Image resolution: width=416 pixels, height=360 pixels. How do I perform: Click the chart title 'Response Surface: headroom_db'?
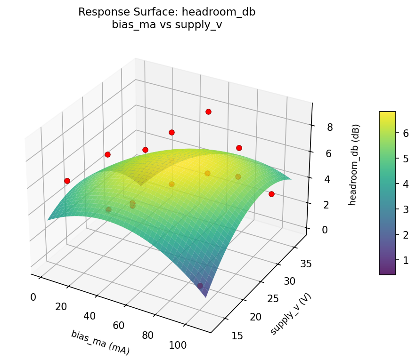tap(167, 12)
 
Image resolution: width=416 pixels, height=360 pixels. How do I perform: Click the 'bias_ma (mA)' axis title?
tap(100, 342)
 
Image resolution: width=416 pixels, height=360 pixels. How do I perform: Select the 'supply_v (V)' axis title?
tap(291, 313)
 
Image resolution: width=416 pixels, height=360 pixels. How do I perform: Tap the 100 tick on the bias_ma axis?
tap(178, 345)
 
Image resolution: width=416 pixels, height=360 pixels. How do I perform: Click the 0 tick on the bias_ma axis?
tap(33, 297)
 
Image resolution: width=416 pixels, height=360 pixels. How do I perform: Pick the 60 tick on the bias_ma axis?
tap(119, 326)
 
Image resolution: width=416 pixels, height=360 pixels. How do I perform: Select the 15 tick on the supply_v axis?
tap(238, 336)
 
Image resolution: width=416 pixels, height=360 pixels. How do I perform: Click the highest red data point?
tap(208, 112)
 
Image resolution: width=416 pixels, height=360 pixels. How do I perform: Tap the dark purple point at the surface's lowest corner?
tap(200, 286)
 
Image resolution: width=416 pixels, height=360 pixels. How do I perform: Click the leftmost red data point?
tap(67, 181)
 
